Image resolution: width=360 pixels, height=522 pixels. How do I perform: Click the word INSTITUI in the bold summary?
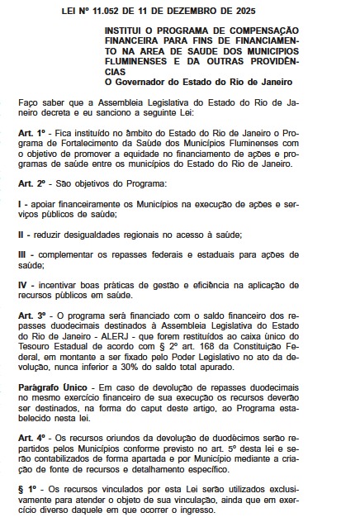(x=125, y=29)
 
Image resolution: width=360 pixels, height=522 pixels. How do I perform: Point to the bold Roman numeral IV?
(x=23, y=284)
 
